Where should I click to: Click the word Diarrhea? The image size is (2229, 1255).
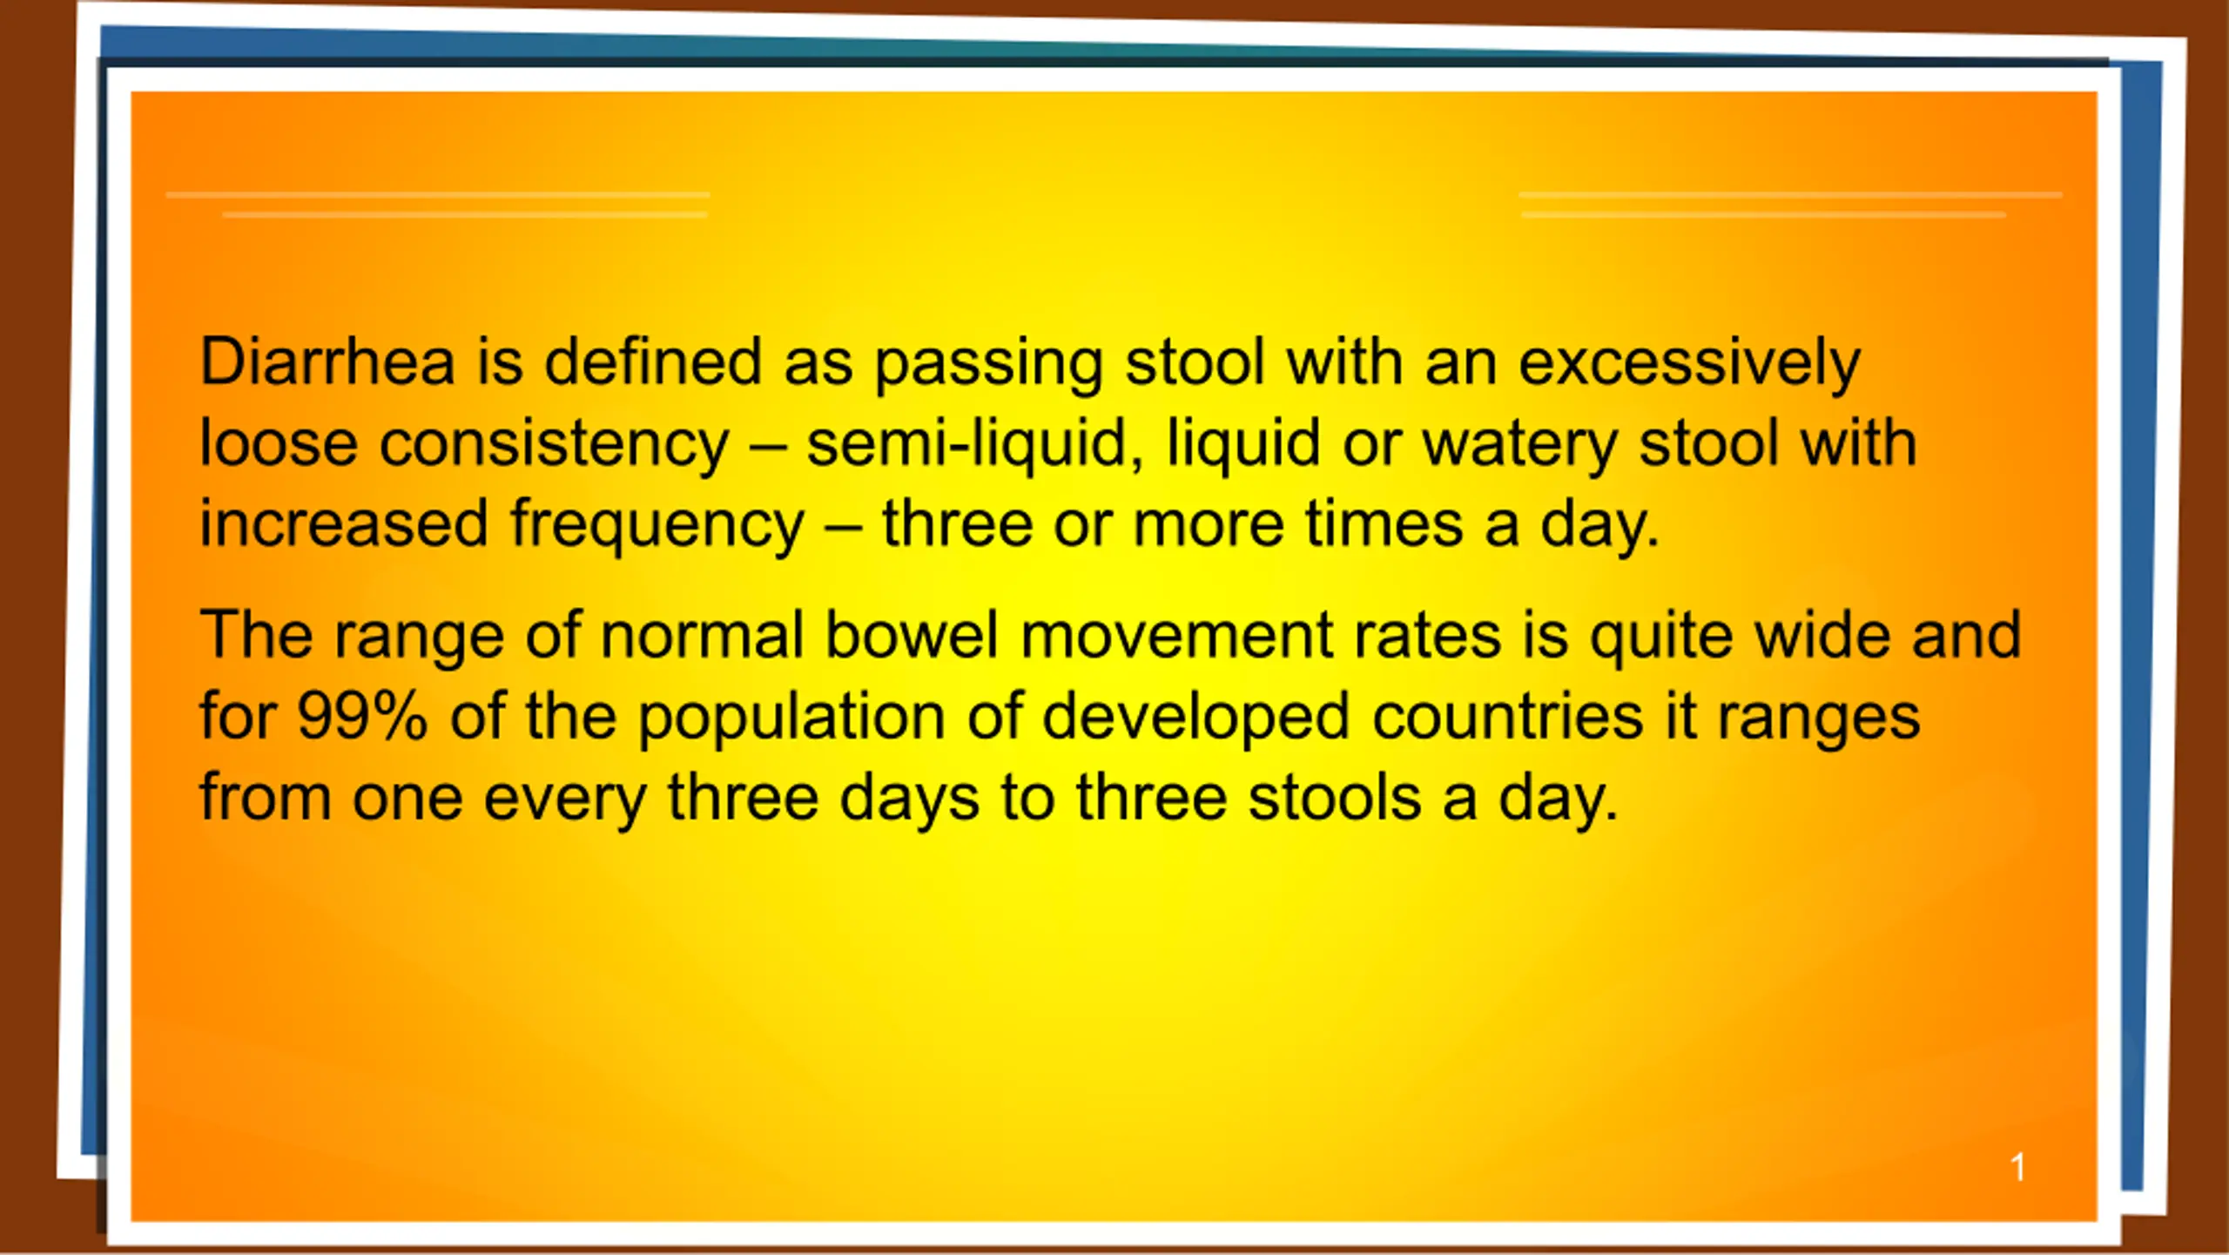click(x=327, y=361)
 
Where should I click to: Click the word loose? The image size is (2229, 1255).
click(x=279, y=442)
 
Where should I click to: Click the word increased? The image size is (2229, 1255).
click(x=344, y=523)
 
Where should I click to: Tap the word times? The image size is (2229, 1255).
click(x=1384, y=523)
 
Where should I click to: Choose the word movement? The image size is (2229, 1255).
click(x=1176, y=636)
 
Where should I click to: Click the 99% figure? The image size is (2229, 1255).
click(x=362, y=716)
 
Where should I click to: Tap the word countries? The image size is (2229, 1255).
click(x=1508, y=716)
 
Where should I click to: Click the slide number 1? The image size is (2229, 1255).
click(x=2017, y=1167)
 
